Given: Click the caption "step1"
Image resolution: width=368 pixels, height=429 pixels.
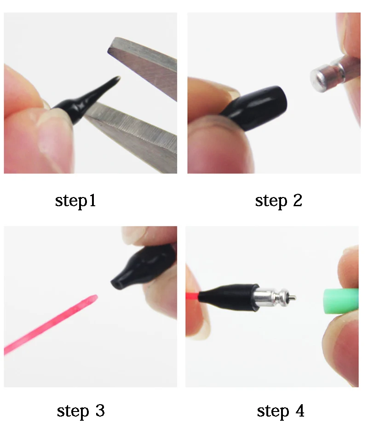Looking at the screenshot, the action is tap(75, 201).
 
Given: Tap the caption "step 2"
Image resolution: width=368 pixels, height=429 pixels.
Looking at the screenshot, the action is tap(279, 201).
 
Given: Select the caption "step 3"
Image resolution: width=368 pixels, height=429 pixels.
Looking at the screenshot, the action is tap(81, 411).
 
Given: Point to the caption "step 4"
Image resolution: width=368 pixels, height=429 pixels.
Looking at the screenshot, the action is tap(281, 411).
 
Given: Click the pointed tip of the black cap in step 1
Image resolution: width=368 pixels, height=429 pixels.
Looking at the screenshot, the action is tap(119, 78).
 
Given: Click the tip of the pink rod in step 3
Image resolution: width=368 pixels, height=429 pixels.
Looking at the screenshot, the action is tap(96, 297).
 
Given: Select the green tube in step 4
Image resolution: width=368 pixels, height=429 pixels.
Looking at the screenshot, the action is tap(341, 301).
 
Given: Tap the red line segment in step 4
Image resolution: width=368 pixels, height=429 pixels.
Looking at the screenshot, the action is tap(192, 296).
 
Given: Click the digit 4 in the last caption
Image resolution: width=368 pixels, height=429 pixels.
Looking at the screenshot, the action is tap(300, 411).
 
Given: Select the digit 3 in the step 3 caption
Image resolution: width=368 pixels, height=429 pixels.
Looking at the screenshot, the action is tap(100, 411).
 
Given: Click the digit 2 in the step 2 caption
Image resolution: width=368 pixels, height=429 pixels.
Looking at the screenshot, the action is tap(298, 200).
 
